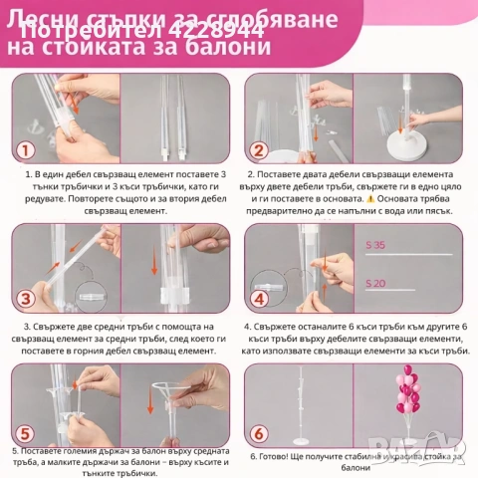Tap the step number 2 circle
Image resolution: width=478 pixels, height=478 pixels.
257,152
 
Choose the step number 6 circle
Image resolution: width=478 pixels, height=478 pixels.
257,433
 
